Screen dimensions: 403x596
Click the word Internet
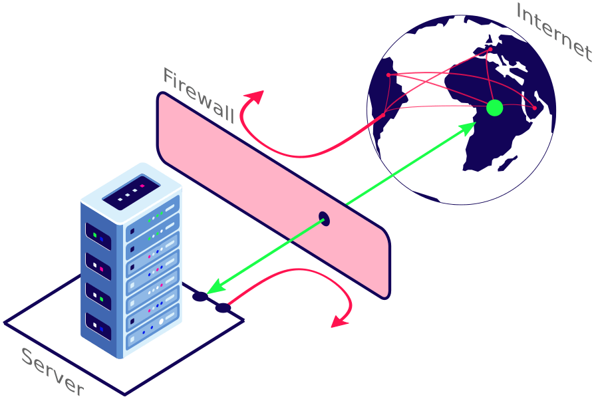(x=553, y=32)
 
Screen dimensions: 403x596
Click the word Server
(x=53, y=372)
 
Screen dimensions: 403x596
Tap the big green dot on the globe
(x=494, y=107)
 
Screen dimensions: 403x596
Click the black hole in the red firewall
(x=324, y=218)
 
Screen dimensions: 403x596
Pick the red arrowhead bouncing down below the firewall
(x=340, y=323)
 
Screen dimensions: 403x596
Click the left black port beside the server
(x=200, y=297)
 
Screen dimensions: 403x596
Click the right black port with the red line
(x=223, y=308)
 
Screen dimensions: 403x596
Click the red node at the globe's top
(x=490, y=49)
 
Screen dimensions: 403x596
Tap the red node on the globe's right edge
(x=534, y=108)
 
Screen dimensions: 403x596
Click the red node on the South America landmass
(x=384, y=116)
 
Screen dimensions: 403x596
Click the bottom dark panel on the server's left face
(x=98, y=327)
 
